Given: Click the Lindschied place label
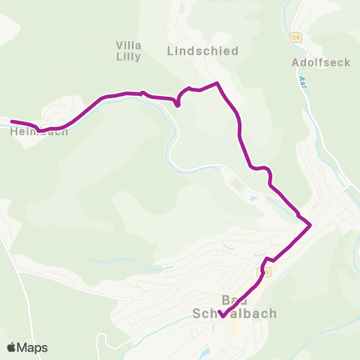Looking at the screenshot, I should (x=202, y=51).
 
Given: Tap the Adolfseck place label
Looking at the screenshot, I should (x=321, y=62).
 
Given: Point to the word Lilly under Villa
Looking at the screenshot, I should (x=129, y=56).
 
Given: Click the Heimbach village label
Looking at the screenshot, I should (x=40, y=131).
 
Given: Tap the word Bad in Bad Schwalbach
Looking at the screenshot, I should (x=236, y=301).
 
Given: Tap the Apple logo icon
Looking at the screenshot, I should (x=12, y=347).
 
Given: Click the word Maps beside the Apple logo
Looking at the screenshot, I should (x=33, y=347).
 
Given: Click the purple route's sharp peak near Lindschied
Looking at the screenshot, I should (x=217, y=83).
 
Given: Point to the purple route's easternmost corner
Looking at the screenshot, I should (x=310, y=223).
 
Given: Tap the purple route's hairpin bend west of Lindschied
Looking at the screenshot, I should (x=178, y=104).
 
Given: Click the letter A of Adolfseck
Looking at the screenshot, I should (x=295, y=62).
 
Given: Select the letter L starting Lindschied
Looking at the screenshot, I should (x=169, y=51).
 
